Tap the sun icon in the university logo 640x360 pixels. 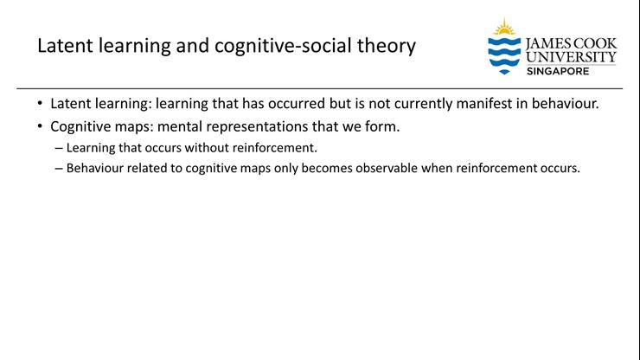pyautogui.click(x=503, y=28)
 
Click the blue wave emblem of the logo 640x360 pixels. pyautogui.click(x=503, y=53)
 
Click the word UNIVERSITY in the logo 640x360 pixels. pyautogui.click(x=571, y=57)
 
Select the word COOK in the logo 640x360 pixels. pyautogui.click(x=596, y=43)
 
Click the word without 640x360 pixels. pyautogui.click(x=204, y=147)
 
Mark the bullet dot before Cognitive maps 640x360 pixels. pyautogui.click(x=41, y=126)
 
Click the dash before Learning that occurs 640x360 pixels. pyautogui.click(x=59, y=147)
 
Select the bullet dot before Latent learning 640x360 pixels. pyautogui.click(x=41, y=104)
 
